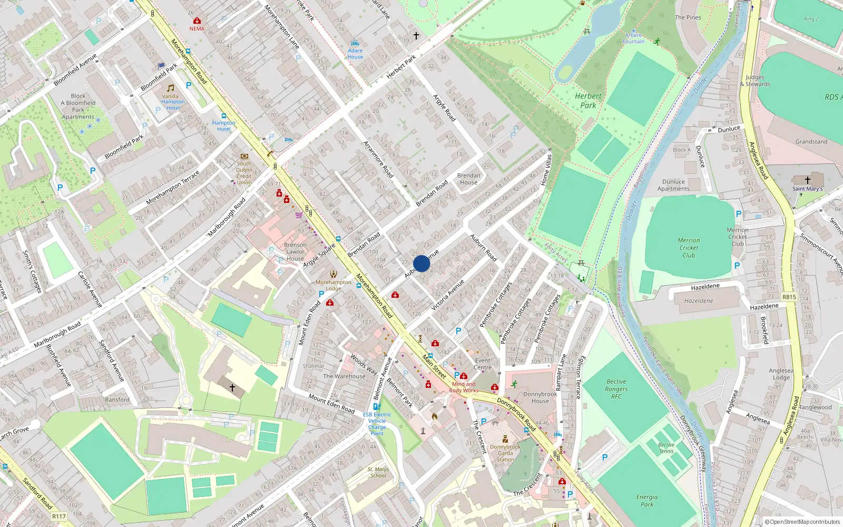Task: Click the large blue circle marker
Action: point(421,263)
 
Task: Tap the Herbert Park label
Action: point(588,100)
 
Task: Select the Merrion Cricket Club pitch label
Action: point(689,248)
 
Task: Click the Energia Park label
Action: point(646,501)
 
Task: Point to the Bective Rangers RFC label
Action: point(616,389)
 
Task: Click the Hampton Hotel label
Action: point(224,126)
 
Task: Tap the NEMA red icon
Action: point(197,21)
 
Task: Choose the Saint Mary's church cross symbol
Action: point(807,180)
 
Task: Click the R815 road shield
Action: point(789,297)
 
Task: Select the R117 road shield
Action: point(59,516)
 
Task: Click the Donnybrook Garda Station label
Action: point(505,453)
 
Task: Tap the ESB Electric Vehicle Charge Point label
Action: point(377,424)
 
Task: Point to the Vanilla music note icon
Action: point(170,88)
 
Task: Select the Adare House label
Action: point(355,54)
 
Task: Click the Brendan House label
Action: point(468,179)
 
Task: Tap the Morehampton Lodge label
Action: point(333,285)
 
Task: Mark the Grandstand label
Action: point(811,142)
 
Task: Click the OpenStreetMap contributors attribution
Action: point(802,522)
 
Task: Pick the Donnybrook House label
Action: point(540,397)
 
